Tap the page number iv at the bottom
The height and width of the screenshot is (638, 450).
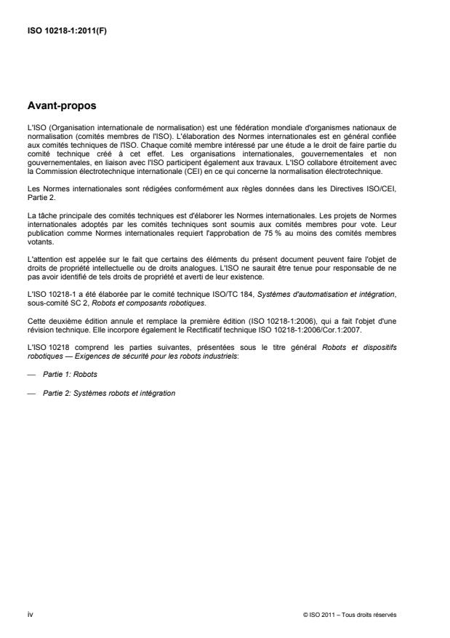(x=29, y=614)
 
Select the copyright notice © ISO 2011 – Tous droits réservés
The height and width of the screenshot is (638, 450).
(x=350, y=615)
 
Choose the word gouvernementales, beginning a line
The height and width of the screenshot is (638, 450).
(x=55, y=164)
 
